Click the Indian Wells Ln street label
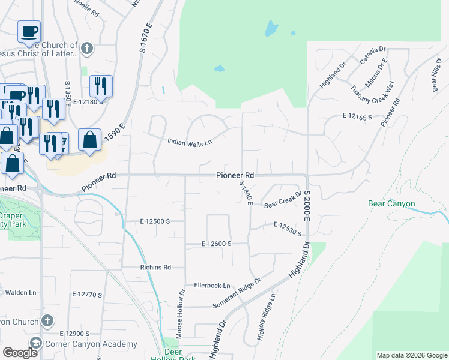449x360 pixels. click(190, 142)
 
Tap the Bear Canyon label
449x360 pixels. click(391, 204)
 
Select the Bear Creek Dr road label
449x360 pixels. click(282, 200)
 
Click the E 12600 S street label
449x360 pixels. click(217, 244)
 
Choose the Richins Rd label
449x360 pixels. click(155, 267)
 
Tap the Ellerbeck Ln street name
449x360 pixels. click(212, 285)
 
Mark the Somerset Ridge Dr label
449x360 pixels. click(237, 293)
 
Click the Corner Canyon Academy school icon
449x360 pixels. click(35, 344)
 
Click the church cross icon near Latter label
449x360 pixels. click(86, 48)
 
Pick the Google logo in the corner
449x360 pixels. click(20, 353)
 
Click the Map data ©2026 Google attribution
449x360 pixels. click(411, 355)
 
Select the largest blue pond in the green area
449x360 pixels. click(272, 28)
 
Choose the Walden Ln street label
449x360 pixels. click(21, 293)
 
